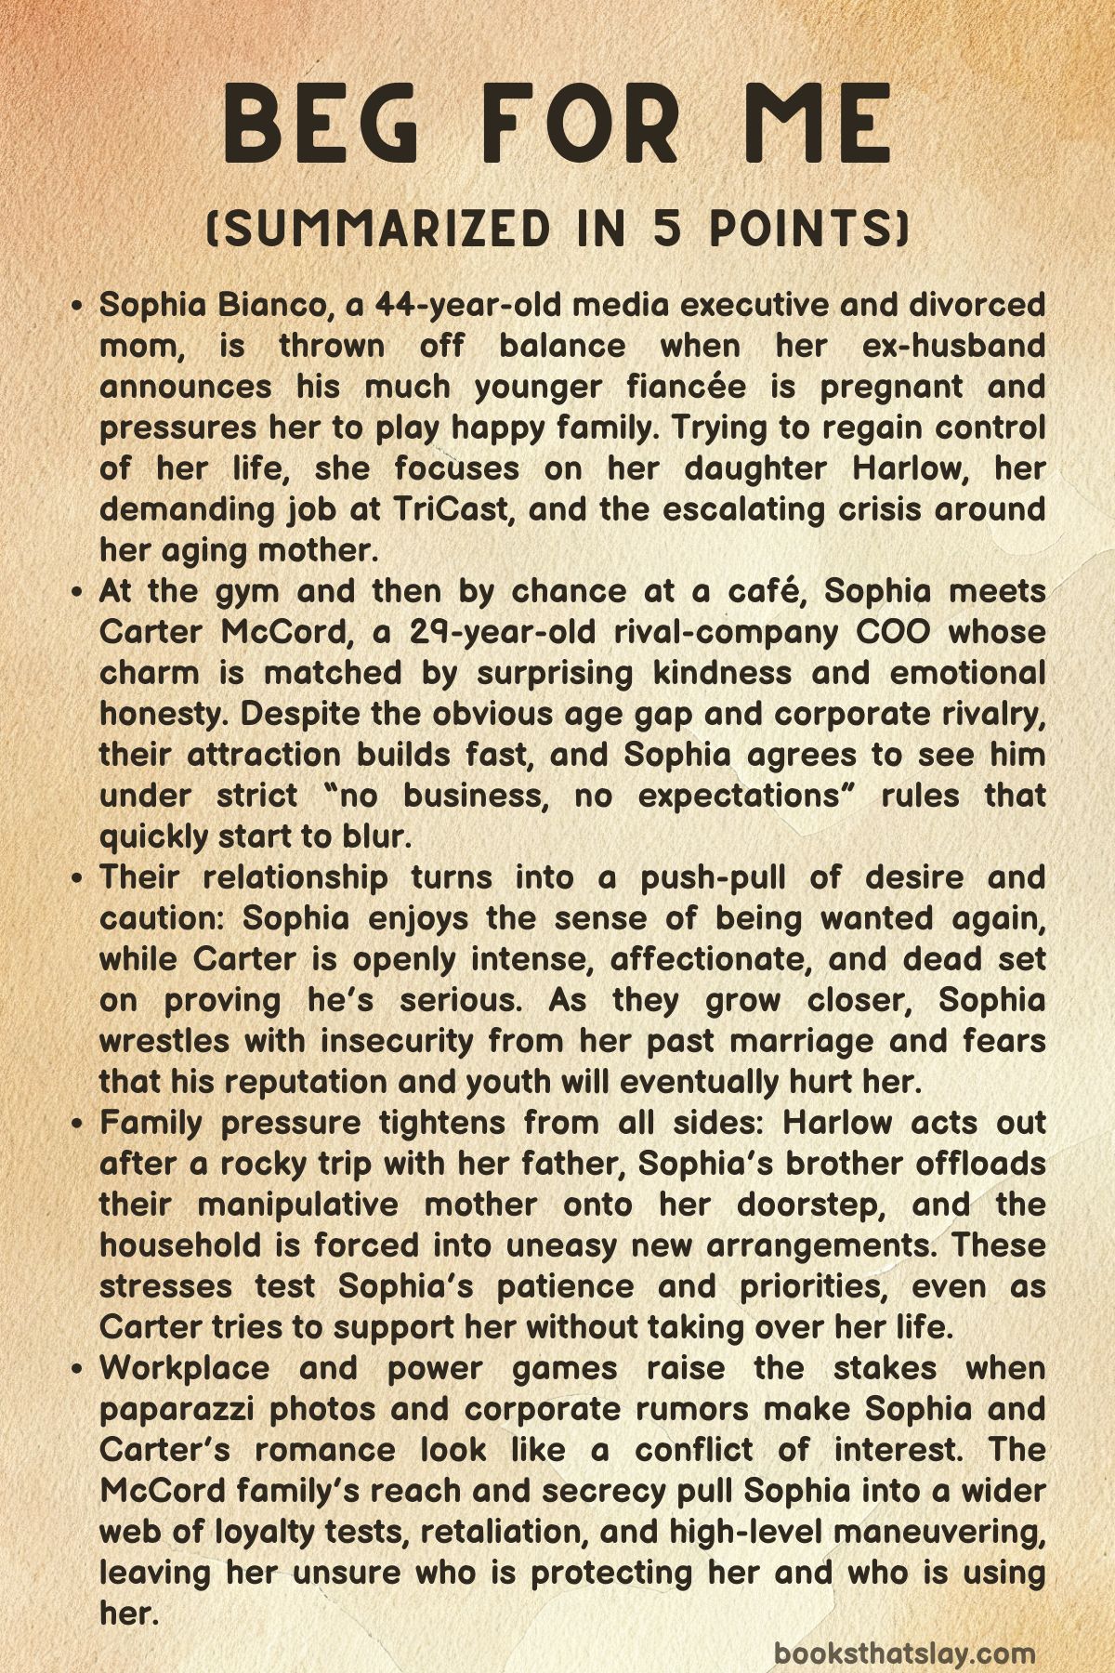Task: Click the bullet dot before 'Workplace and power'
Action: point(80,1368)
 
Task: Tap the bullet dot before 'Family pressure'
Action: point(80,1123)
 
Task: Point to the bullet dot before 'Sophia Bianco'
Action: point(80,305)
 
